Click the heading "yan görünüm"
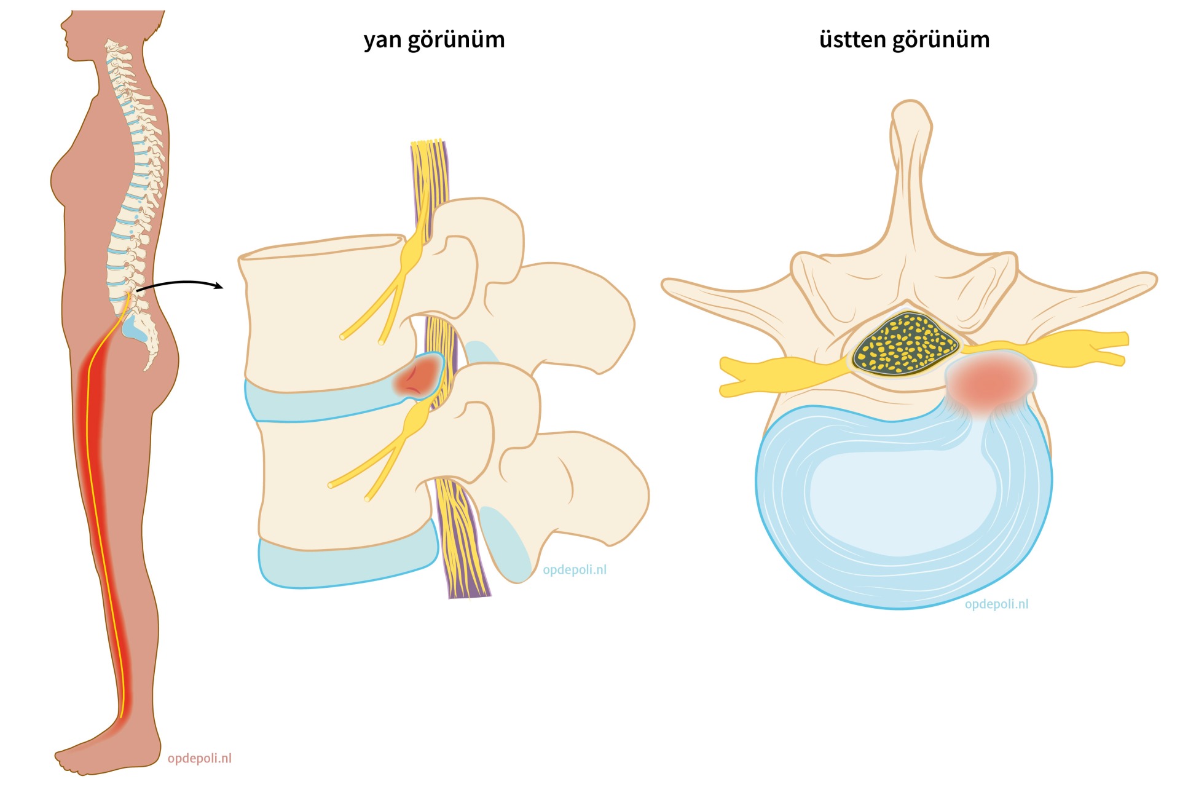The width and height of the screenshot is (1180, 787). pos(434,40)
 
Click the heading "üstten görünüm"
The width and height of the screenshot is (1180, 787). pos(904,40)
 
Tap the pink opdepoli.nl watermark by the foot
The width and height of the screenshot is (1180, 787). pos(200,759)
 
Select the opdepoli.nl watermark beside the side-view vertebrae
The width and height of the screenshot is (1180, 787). pos(575,570)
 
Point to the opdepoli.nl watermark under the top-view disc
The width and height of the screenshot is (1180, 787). pos(996,604)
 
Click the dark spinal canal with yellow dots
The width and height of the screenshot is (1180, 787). pos(905,344)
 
